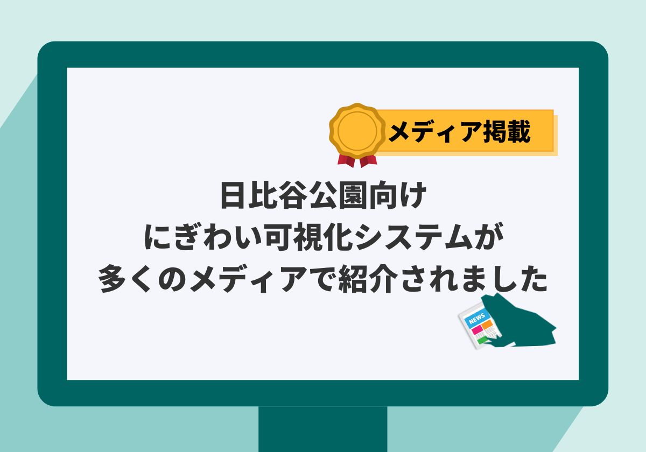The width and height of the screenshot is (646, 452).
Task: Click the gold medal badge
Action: pos(357,131)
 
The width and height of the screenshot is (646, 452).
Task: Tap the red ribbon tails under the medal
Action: pos(357,161)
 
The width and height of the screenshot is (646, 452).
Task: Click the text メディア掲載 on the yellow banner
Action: pos(460,131)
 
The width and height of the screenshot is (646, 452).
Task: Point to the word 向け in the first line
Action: pos(398,195)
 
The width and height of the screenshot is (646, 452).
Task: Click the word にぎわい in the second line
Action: pos(203,236)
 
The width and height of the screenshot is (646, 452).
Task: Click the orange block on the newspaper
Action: pos(487,324)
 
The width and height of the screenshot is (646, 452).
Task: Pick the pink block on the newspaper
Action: pos(477,329)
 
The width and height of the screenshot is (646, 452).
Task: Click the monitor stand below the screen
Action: pos(322,429)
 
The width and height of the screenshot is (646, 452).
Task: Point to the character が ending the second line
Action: pos(489,236)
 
